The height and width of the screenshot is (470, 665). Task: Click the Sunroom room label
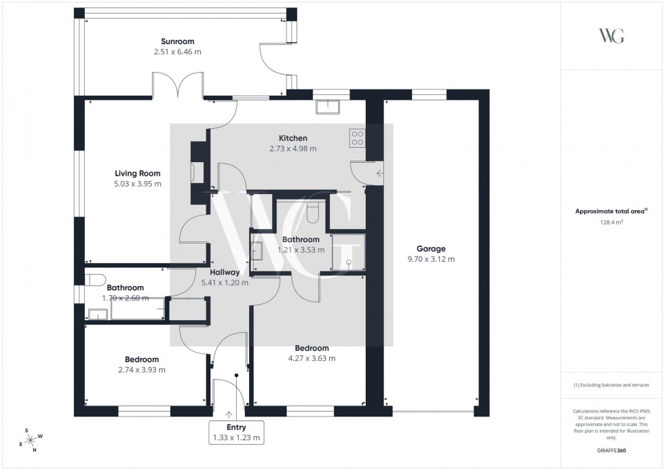[x=178, y=41]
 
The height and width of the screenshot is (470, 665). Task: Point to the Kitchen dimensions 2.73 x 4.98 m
[x=293, y=149]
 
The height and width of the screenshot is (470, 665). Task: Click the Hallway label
[x=225, y=272]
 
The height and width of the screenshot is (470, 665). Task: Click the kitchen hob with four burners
[x=357, y=138]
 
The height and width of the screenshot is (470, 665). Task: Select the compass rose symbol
[x=31, y=439]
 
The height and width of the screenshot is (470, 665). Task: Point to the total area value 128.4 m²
[x=611, y=221]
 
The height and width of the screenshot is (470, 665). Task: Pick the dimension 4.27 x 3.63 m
[x=312, y=359]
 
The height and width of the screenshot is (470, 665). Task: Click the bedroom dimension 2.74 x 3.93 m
[x=142, y=370]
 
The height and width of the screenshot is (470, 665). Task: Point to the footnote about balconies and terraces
[x=611, y=385]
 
